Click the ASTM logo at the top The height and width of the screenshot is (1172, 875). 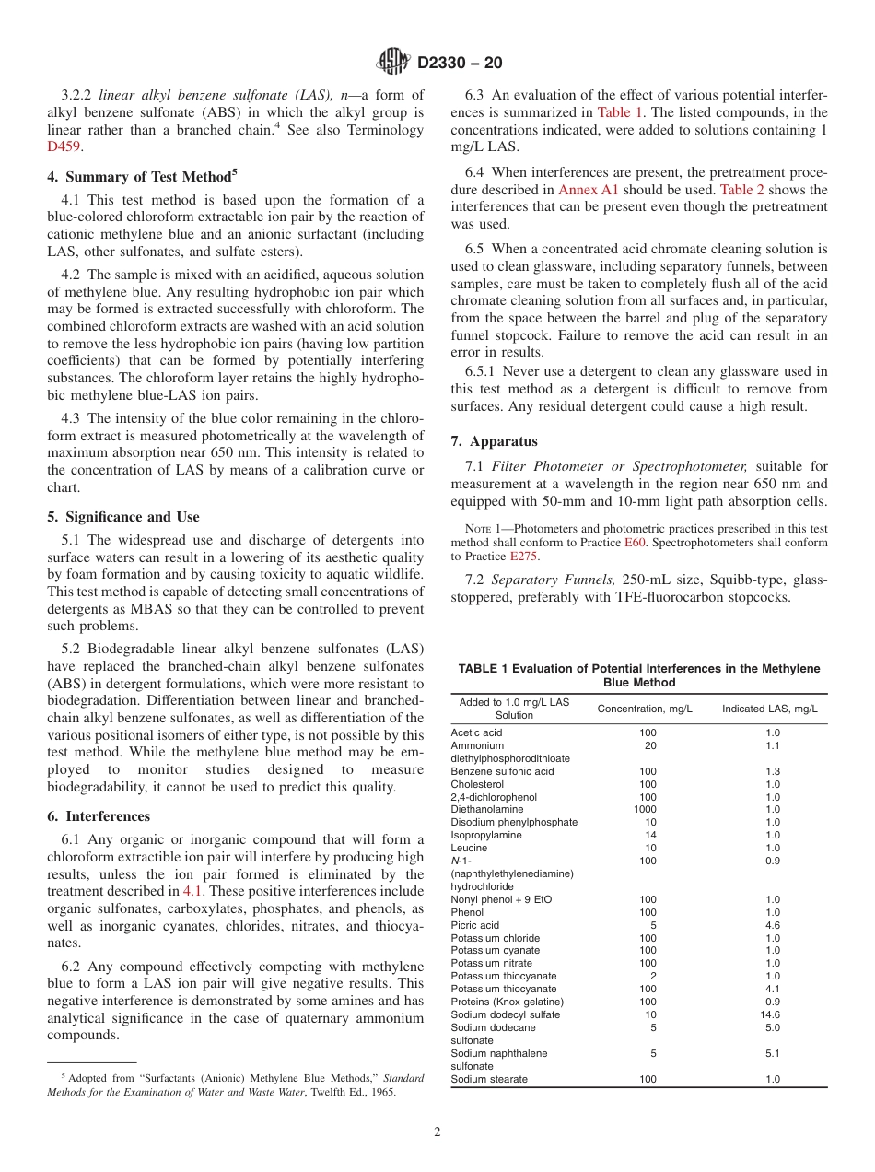393,63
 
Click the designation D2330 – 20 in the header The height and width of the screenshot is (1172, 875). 460,64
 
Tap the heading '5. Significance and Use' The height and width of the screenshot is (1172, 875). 122,517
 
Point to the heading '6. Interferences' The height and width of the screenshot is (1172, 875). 99,816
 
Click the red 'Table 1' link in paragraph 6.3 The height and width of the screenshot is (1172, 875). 621,112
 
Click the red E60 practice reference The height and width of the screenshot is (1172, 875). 636,543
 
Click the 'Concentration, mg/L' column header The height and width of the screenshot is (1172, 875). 645,709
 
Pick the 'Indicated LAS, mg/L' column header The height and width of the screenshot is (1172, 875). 769,709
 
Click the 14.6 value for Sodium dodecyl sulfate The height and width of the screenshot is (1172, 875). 772,1014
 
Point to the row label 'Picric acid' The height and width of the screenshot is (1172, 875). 475,925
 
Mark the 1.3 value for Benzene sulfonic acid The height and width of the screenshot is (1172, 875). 772,771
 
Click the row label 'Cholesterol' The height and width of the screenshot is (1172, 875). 477,784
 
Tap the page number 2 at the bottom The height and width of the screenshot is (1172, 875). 437,1132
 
